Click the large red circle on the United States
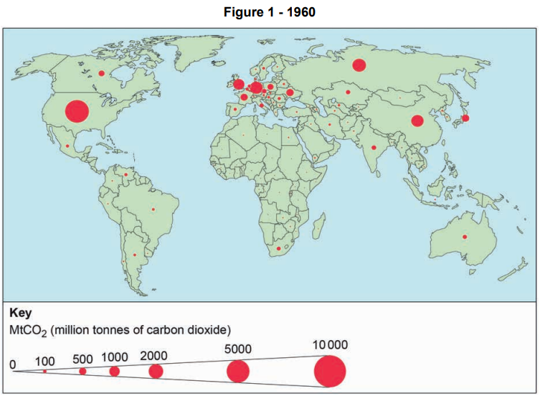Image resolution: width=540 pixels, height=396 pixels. pyautogui.click(x=77, y=111)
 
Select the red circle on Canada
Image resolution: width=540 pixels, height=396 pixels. pyautogui.click(x=102, y=73)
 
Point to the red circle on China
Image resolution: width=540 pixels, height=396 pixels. pyautogui.click(x=417, y=121)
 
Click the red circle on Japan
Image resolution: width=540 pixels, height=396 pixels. pyautogui.click(x=465, y=118)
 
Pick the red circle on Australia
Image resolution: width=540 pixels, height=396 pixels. pyautogui.click(x=464, y=237)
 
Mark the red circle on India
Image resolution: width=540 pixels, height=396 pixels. pyautogui.click(x=374, y=148)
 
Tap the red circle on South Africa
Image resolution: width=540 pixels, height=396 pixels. pyautogui.click(x=278, y=248)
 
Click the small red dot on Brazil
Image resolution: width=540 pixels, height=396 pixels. pyautogui.click(x=153, y=209)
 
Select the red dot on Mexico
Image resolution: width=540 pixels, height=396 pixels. pyautogui.click(x=67, y=146)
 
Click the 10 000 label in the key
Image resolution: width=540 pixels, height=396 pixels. pyautogui.click(x=330, y=345)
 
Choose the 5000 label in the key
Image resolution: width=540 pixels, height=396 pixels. pyautogui.click(x=238, y=349)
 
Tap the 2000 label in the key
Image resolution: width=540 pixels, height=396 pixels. pyautogui.click(x=154, y=354)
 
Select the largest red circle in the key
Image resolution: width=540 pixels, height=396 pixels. pyautogui.click(x=330, y=372)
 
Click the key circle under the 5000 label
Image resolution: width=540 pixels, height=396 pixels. pyautogui.click(x=238, y=372)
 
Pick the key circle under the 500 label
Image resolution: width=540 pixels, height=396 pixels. pyautogui.click(x=82, y=371)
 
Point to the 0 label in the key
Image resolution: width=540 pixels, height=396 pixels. pyautogui.click(x=12, y=364)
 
